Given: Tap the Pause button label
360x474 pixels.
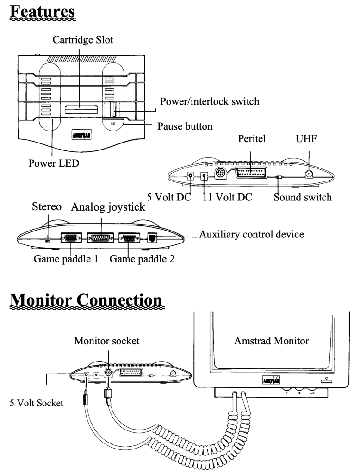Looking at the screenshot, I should click(x=186, y=126).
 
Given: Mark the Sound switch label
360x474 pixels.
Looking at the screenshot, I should click(x=302, y=197).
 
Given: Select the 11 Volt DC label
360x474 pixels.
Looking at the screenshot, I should click(x=227, y=197).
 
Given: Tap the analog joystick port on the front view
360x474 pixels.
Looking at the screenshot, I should click(x=101, y=238).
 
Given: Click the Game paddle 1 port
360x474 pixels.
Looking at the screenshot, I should click(x=70, y=238).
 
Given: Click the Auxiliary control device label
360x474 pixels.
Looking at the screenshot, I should click(x=251, y=234).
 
